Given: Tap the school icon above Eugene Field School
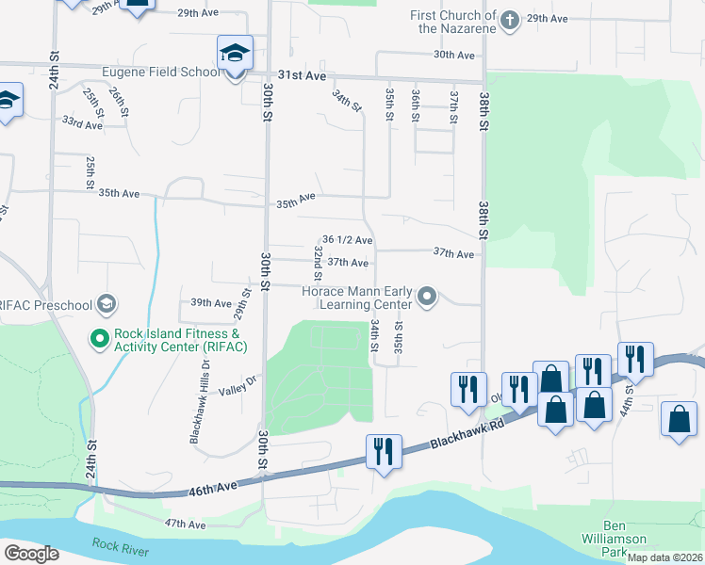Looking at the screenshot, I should coord(235,54).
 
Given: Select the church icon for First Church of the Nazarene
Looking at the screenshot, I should coord(510,20).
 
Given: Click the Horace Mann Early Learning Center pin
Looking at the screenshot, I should coord(428,298).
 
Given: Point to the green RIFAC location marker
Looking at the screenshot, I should coord(98,337).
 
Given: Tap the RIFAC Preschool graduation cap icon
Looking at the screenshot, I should coord(107,303).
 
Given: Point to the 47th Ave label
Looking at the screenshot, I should coord(185,524).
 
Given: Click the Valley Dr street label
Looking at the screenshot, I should coord(238,385).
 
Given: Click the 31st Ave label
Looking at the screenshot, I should coord(302,74).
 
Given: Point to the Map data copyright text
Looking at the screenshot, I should coord(664,557).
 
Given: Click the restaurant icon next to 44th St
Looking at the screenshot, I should coord(635,360).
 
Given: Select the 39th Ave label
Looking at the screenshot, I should coord(211,303).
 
